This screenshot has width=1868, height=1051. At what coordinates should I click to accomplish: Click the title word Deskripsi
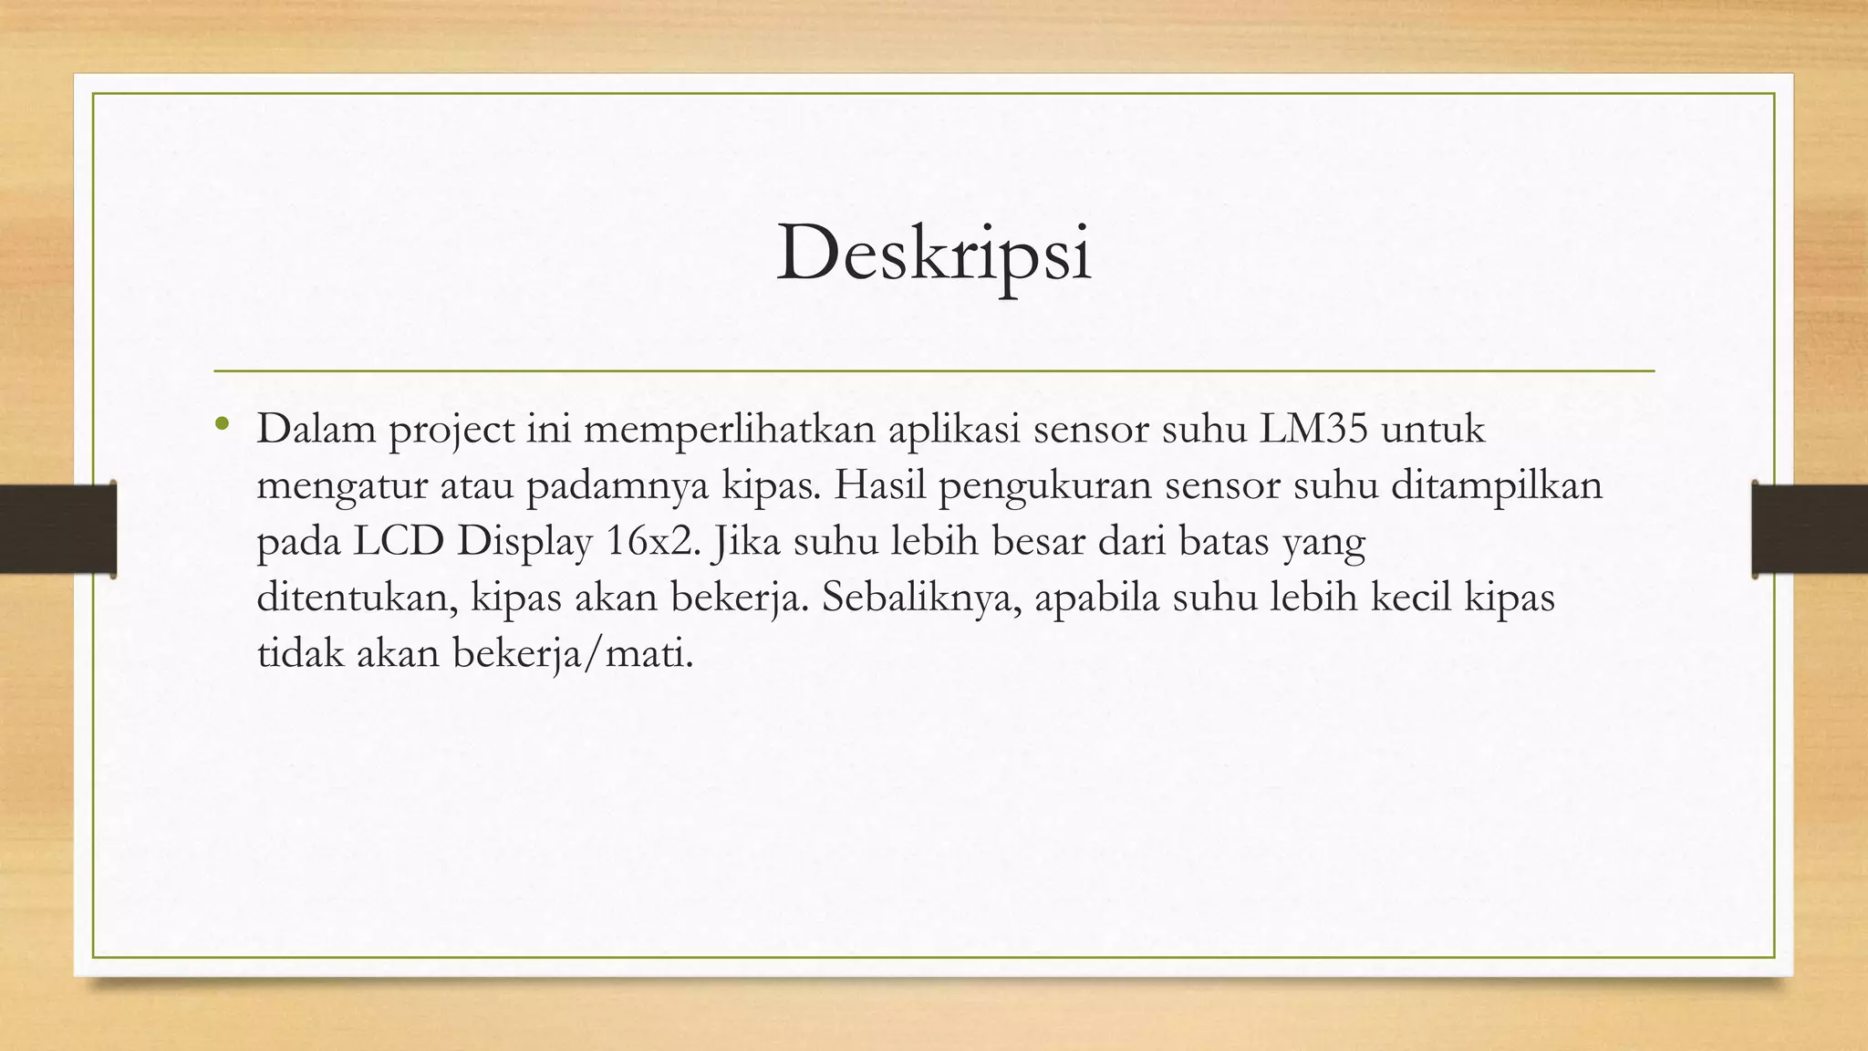(x=933, y=254)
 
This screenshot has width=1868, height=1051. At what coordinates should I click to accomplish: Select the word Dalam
(x=316, y=429)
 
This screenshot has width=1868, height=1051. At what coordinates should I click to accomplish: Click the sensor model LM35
(x=1313, y=429)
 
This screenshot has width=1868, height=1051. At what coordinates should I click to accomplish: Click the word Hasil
(x=878, y=485)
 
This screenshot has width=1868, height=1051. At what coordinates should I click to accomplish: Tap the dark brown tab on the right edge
(x=1810, y=529)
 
